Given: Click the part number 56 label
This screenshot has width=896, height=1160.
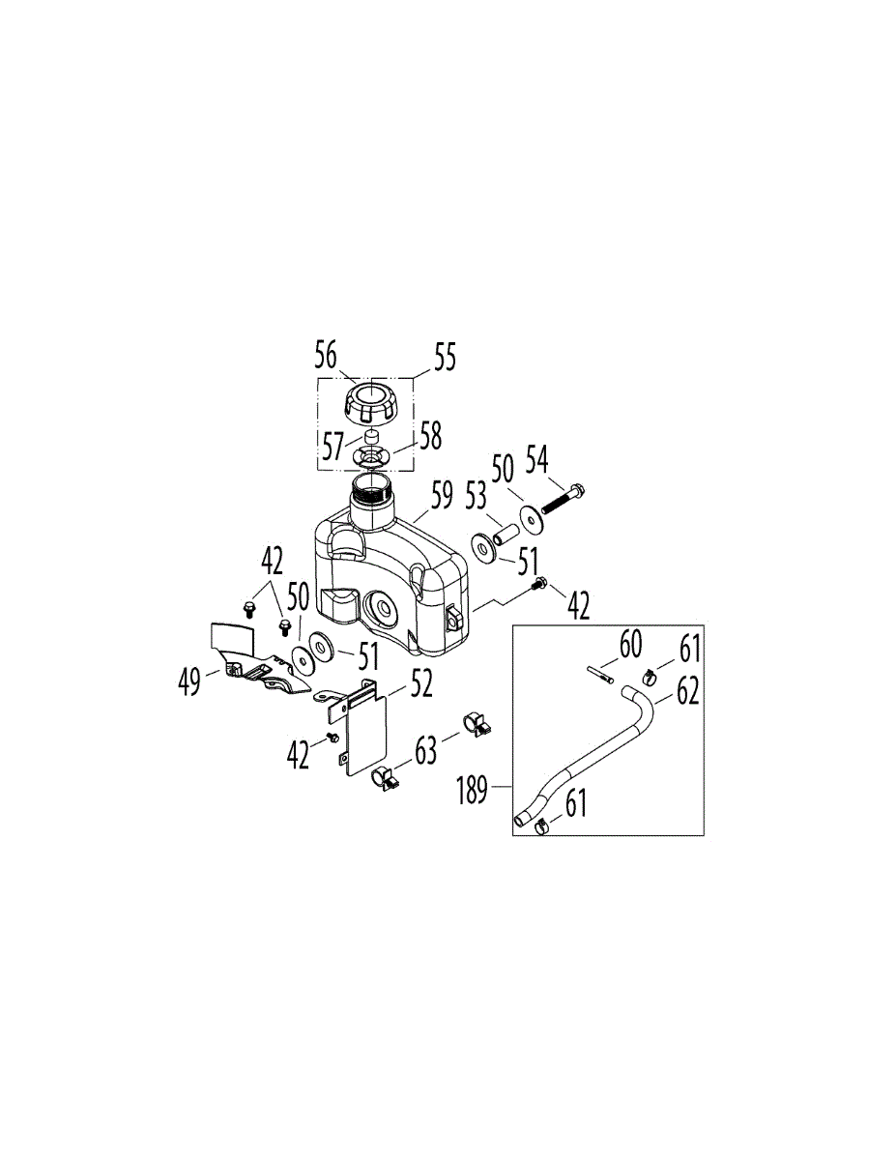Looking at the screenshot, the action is click(326, 356).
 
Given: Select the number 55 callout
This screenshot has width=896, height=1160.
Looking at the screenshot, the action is click(444, 357).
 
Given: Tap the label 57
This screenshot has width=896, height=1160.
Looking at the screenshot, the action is click(333, 447).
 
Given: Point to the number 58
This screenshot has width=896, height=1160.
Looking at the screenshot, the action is click(430, 436).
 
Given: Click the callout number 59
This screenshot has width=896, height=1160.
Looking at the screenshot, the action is click(441, 498).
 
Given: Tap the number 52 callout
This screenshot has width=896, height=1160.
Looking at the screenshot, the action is click(419, 683).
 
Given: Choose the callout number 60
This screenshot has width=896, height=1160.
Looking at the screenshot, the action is click(630, 643).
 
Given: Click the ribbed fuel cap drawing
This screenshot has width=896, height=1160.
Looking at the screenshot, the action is click(366, 399).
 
